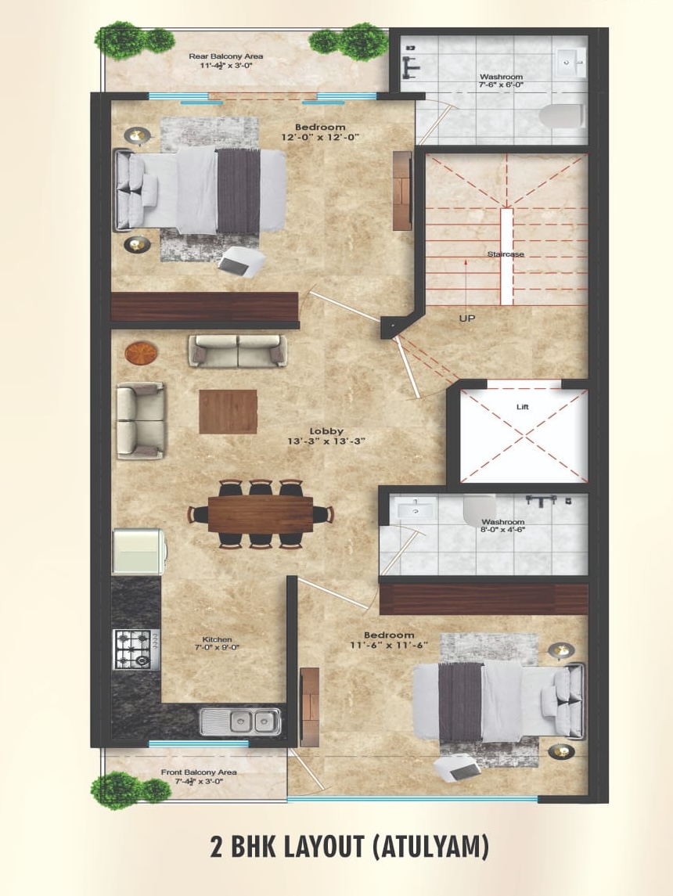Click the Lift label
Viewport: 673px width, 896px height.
pyautogui.click(x=522, y=407)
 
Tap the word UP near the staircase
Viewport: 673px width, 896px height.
pyautogui.click(x=466, y=318)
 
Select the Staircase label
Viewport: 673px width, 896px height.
pyautogui.click(x=506, y=254)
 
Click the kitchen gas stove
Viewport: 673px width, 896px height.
pyautogui.click(x=136, y=650)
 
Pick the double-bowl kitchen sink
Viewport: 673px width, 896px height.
pyautogui.click(x=240, y=721)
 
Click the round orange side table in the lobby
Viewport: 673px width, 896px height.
pyautogui.click(x=141, y=353)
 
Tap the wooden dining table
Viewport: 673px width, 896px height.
pyautogui.click(x=260, y=513)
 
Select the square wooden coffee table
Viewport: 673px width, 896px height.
pyautogui.click(x=228, y=412)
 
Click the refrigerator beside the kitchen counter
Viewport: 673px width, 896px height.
pyautogui.click(x=139, y=552)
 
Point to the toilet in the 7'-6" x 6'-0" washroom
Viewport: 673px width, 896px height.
pyautogui.click(x=561, y=117)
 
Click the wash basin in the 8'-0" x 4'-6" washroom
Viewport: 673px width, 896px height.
pyautogui.click(x=414, y=509)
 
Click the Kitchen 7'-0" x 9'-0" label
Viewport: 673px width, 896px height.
pyautogui.click(x=217, y=643)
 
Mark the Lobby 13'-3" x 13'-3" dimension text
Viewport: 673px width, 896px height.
pyautogui.click(x=326, y=441)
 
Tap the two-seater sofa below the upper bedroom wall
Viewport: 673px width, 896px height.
pyautogui.click(x=238, y=351)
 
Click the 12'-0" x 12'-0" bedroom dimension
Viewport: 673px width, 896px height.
pyautogui.click(x=320, y=138)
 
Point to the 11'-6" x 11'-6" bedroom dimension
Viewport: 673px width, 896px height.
pyautogui.click(x=389, y=645)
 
